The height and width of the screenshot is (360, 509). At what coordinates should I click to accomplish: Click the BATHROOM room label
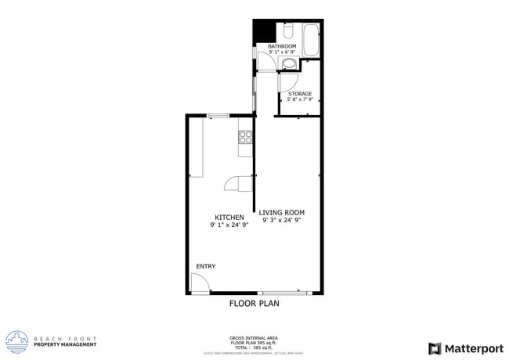[282, 47]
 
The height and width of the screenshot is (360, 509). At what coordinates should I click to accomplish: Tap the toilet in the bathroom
[287, 31]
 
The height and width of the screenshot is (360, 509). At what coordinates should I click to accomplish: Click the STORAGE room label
[299, 94]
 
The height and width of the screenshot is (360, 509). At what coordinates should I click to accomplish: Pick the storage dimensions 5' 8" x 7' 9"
[299, 100]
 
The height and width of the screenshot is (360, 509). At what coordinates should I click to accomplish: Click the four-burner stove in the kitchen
[245, 137]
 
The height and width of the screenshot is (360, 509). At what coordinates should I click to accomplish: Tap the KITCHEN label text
[229, 218]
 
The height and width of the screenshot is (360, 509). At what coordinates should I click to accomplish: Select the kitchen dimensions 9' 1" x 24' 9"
[229, 225]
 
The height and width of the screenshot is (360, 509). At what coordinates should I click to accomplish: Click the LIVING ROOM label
[282, 213]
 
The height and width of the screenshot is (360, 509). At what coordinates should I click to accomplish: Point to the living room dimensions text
[282, 221]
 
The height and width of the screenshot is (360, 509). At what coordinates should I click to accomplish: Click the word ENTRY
[205, 267]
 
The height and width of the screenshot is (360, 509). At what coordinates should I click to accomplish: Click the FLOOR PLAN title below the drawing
[254, 303]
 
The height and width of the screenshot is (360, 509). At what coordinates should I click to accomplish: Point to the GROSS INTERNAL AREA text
[254, 337]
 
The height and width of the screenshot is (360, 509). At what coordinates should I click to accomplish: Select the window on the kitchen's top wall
[218, 116]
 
